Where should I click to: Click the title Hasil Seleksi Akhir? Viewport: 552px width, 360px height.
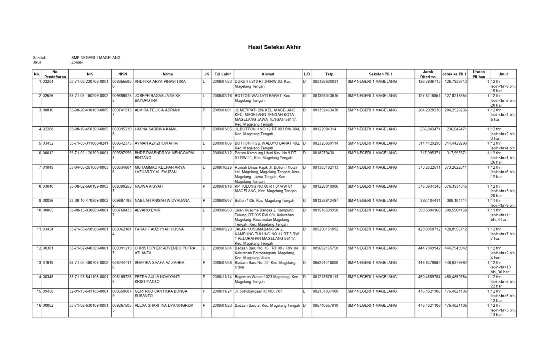point(274,47)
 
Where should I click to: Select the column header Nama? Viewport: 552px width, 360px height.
point(168,74)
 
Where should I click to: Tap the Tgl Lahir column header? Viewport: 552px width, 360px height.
point(223,74)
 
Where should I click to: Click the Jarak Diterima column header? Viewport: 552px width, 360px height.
point(428,74)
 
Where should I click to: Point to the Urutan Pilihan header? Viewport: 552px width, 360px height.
point(479,74)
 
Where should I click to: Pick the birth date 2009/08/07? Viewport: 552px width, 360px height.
point(222,201)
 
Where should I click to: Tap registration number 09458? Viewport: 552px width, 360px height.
point(48,291)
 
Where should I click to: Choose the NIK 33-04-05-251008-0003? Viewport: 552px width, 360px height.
point(89,167)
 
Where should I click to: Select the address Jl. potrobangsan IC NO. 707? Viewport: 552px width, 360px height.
point(258,291)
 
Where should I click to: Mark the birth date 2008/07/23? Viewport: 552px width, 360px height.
point(222,81)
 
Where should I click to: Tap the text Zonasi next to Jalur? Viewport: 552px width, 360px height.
point(77,62)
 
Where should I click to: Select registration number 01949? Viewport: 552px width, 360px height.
point(48,263)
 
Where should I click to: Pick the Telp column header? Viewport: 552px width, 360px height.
point(329,74)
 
